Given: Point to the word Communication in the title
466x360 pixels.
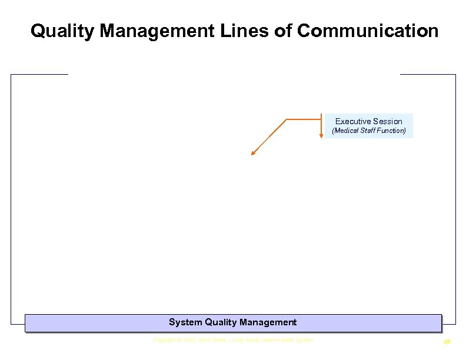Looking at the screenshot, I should click(368, 31).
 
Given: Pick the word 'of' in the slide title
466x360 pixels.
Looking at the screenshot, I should click(284, 31).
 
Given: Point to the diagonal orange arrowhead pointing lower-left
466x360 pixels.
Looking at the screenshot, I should click(253, 154).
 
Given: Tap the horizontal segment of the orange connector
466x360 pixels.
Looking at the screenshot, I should click(303, 119).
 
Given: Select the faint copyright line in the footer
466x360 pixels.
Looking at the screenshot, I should click(233, 340).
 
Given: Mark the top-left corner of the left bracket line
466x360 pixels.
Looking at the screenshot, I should click(11, 75).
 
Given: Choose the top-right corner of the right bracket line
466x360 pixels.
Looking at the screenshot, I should click(455, 75).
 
